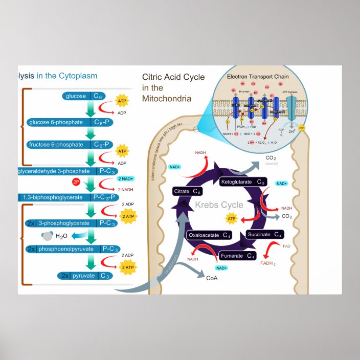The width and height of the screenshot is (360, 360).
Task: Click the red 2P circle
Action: (76, 182)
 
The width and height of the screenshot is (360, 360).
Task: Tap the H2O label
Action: (61, 236)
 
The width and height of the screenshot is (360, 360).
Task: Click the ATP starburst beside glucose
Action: (122, 100)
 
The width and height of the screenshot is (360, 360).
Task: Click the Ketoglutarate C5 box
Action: (243, 182)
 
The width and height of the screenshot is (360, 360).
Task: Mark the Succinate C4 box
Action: (264, 234)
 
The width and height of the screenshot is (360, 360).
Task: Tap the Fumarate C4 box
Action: (238, 256)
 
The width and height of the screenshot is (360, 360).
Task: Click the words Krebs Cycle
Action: (219, 205)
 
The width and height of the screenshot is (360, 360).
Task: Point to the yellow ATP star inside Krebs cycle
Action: (231, 219)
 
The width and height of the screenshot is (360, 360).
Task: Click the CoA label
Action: (211, 278)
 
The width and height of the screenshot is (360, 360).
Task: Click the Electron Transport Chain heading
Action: (258, 77)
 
